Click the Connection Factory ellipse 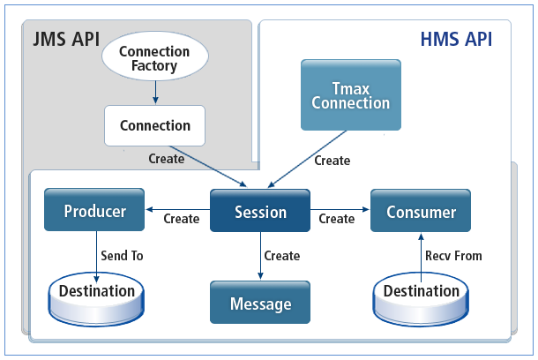tap(154, 58)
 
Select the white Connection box tap(154, 125)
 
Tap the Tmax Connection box tap(350, 94)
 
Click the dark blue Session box tap(260, 212)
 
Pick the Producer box tap(94, 212)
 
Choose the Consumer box tap(420, 212)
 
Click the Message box tap(260, 304)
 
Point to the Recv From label tap(453, 256)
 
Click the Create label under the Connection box tap(167, 159)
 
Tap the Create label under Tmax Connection tap(332, 161)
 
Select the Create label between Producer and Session tap(182, 219)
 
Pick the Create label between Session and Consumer tap(336, 219)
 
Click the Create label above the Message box tap(281, 256)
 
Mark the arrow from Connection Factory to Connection tap(155, 91)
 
